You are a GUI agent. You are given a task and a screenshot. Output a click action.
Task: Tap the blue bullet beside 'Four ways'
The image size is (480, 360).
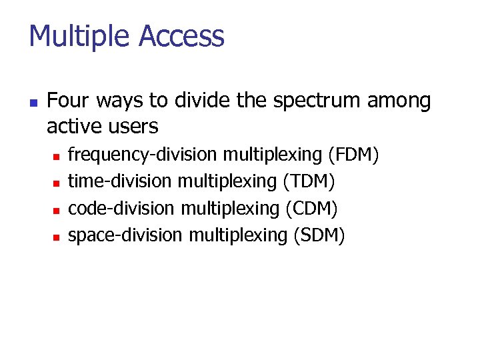33,103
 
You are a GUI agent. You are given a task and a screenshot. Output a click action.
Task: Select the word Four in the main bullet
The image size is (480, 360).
69,101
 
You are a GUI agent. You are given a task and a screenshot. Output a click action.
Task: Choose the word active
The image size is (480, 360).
71,126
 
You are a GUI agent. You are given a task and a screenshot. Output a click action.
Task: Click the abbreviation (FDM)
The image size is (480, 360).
354,155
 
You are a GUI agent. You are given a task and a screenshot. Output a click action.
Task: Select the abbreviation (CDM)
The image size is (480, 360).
312,209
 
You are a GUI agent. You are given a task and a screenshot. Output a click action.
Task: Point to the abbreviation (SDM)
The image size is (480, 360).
319,235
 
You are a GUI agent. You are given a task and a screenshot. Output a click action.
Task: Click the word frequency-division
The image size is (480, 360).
143,155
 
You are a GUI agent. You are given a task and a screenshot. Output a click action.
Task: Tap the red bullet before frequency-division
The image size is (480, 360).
57,156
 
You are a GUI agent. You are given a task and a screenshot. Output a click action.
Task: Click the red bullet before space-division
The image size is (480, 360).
57,236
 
